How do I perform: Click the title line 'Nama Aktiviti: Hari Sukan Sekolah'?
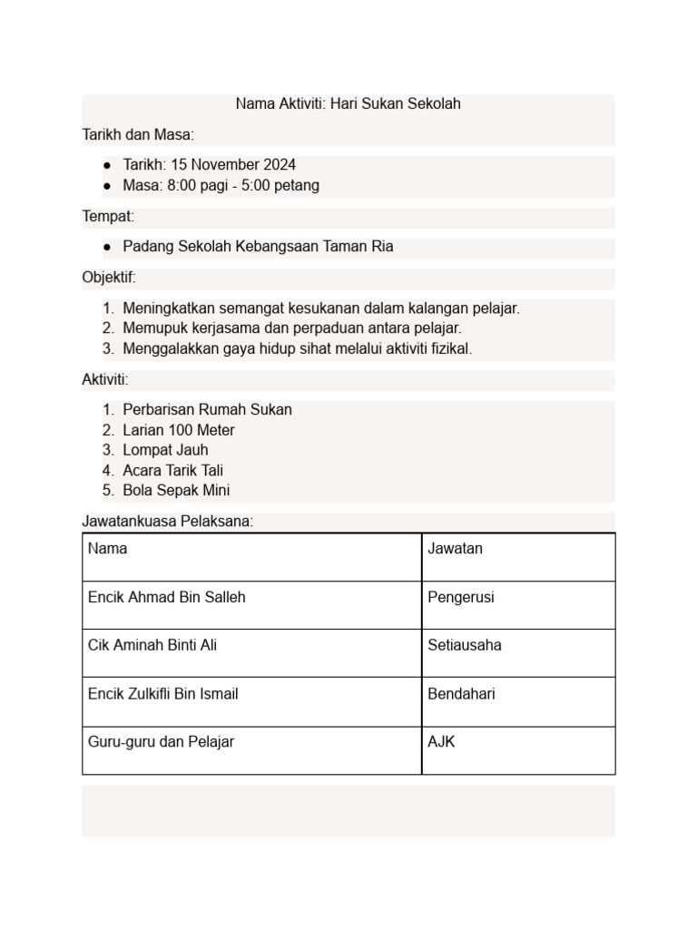(x=348, y=103)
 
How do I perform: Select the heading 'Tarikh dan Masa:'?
(x=138, y=134)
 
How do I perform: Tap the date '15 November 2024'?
(x=232, y=165)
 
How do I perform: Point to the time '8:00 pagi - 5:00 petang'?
(x=243, y=185)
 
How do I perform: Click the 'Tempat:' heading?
(x=108, y=216)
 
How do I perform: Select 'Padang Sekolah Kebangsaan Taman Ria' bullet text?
(x=258, y=246)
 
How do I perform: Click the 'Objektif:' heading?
(x=109, y=277)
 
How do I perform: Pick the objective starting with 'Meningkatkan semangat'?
(x=321, y=308)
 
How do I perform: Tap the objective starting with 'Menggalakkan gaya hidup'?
(x=298, y=348)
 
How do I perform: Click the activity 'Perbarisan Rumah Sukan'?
(x=207, y=409)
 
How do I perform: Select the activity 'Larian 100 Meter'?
(x=179, y=430)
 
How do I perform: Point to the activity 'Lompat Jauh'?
(x=165, y=450)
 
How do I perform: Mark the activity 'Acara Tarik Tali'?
(x=172, y=470)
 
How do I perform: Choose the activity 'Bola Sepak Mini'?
(x=176, y=490)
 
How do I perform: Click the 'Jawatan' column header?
(x=456, y=549)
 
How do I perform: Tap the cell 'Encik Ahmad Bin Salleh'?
(x=167, y=597)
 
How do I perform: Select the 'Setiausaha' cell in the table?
(x=465, y=645)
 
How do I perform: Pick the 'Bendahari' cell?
(x=461, y=694)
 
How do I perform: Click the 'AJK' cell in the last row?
(x=442, y=742)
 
